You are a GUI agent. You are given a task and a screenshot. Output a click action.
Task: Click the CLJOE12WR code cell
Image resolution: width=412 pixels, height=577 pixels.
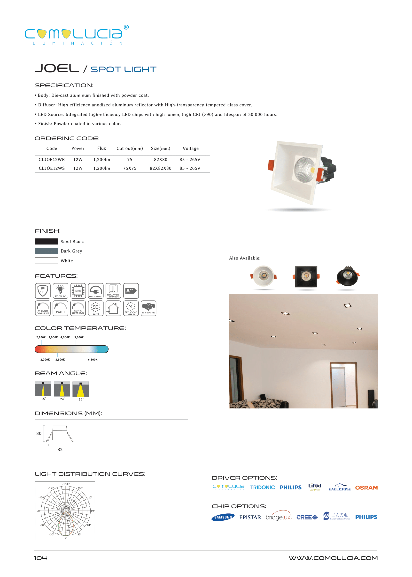coord(52,160)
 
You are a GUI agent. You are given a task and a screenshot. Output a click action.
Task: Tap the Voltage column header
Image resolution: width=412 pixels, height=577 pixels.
coord(191,148)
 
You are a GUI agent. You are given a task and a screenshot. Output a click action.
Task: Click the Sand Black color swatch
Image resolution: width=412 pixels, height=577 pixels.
coord(46,241)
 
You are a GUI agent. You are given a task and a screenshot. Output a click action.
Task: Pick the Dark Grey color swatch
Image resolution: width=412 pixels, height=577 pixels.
coord(46,251)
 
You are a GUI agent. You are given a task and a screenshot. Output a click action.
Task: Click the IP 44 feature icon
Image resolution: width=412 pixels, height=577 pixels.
coord(43,291)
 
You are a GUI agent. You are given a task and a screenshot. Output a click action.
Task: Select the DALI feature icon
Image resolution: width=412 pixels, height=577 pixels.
coord(60,308)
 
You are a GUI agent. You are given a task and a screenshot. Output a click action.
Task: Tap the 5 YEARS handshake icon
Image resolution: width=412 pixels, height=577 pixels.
coord(148,308)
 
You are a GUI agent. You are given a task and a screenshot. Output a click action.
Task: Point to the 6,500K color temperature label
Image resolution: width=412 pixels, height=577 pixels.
coord(93,360)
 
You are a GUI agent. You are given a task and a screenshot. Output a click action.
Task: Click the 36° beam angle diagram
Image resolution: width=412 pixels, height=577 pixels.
coord(80,389)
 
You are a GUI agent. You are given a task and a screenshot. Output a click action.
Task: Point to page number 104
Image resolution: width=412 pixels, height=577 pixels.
coord(41,558)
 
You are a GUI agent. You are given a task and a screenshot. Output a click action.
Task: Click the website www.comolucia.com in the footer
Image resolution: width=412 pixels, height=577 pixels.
coord(333,558)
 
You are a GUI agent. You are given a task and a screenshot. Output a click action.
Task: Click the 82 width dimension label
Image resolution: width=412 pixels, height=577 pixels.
coord(60,450)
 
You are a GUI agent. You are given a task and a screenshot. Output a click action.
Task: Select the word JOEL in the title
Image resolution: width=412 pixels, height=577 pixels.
coord(57,68)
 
